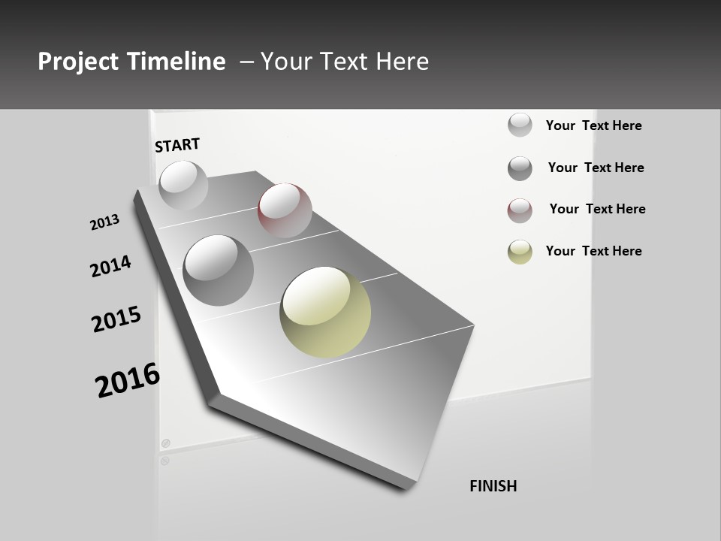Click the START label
[177, 145]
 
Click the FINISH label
[493, 486]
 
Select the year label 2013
[104, 222]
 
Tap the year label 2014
[110, 266]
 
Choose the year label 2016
[128, 380]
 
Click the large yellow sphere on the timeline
[325, 312]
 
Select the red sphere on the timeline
[285, 210]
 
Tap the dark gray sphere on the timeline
[218, 270]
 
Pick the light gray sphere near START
[183, 185]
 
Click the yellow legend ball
[520, 252]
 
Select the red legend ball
[520, 210]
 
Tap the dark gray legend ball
[520, 168]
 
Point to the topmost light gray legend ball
[520, 125]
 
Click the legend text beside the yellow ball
[593, 251]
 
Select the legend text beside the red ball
[597, 209]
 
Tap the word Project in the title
[78, 62]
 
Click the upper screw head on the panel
[166, 443]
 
